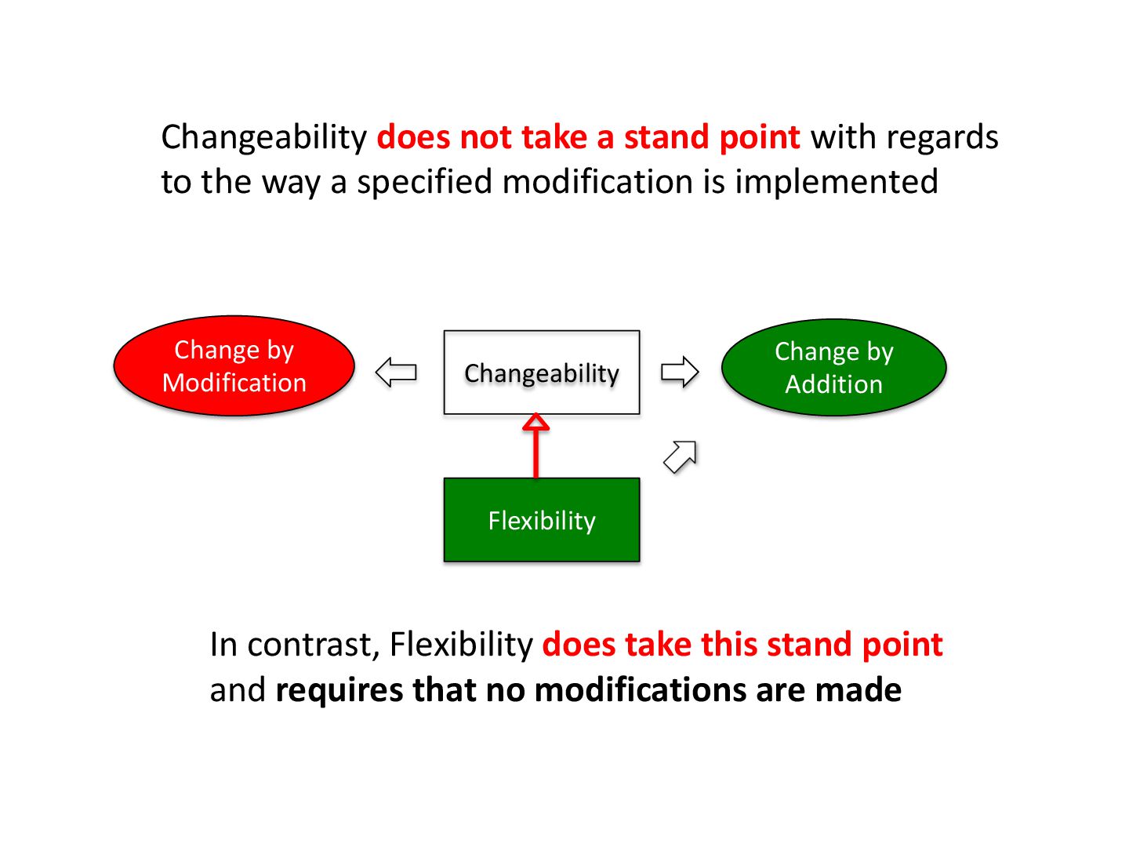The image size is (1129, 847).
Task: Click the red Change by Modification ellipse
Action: pyautogui.click(x=234, y=366)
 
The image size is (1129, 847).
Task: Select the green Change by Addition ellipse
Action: pyautogui.click(x=833, y=368)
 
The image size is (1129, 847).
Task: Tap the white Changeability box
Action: pyautogui.click(x=542, y=373)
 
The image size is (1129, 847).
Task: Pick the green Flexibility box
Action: pyautogui.click(x=542, y=520)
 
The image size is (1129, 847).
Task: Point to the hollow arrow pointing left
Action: pyautogui.click(x=396, y=372)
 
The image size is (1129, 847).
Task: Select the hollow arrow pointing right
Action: pyautogui.click(x=680, y=372)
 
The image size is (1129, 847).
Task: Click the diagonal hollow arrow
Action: pyautogui.click(x=680, y=456)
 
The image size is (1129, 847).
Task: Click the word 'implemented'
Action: pyautogui.click(x=836, y=182)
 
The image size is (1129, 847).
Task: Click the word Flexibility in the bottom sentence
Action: pyautogui.click(x=462, y=645)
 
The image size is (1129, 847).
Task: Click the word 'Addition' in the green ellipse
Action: pyautogui.click(x=833, y=384)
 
